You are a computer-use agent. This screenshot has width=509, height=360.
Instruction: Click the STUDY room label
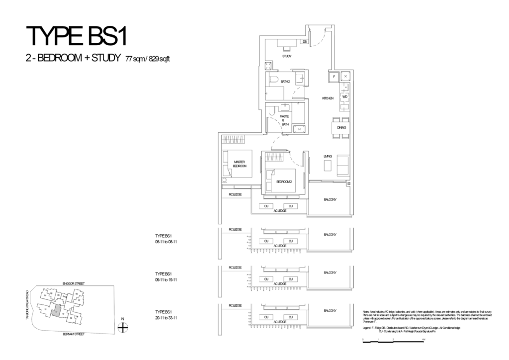[287, 56]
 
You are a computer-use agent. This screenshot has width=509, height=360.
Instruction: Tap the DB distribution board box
[305, 42]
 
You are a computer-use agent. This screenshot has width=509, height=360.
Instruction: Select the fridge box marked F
[334, 76]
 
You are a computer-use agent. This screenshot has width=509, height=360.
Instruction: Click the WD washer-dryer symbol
[344, 96]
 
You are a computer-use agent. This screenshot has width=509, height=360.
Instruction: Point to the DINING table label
[341, 128]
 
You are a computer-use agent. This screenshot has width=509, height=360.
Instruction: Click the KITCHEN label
[327, 99]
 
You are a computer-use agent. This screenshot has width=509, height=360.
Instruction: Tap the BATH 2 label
[285, 81]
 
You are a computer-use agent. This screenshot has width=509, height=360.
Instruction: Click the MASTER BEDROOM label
[240, 164]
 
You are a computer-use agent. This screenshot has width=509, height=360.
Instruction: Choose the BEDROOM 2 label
[283, 181]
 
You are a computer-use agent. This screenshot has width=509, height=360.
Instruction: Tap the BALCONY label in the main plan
[330, 199]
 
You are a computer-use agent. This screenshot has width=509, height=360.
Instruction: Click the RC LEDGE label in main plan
[235, 194]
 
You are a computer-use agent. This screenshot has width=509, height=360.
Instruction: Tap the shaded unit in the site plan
[57, 311]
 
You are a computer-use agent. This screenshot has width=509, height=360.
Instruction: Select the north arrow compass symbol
[123, 327]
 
